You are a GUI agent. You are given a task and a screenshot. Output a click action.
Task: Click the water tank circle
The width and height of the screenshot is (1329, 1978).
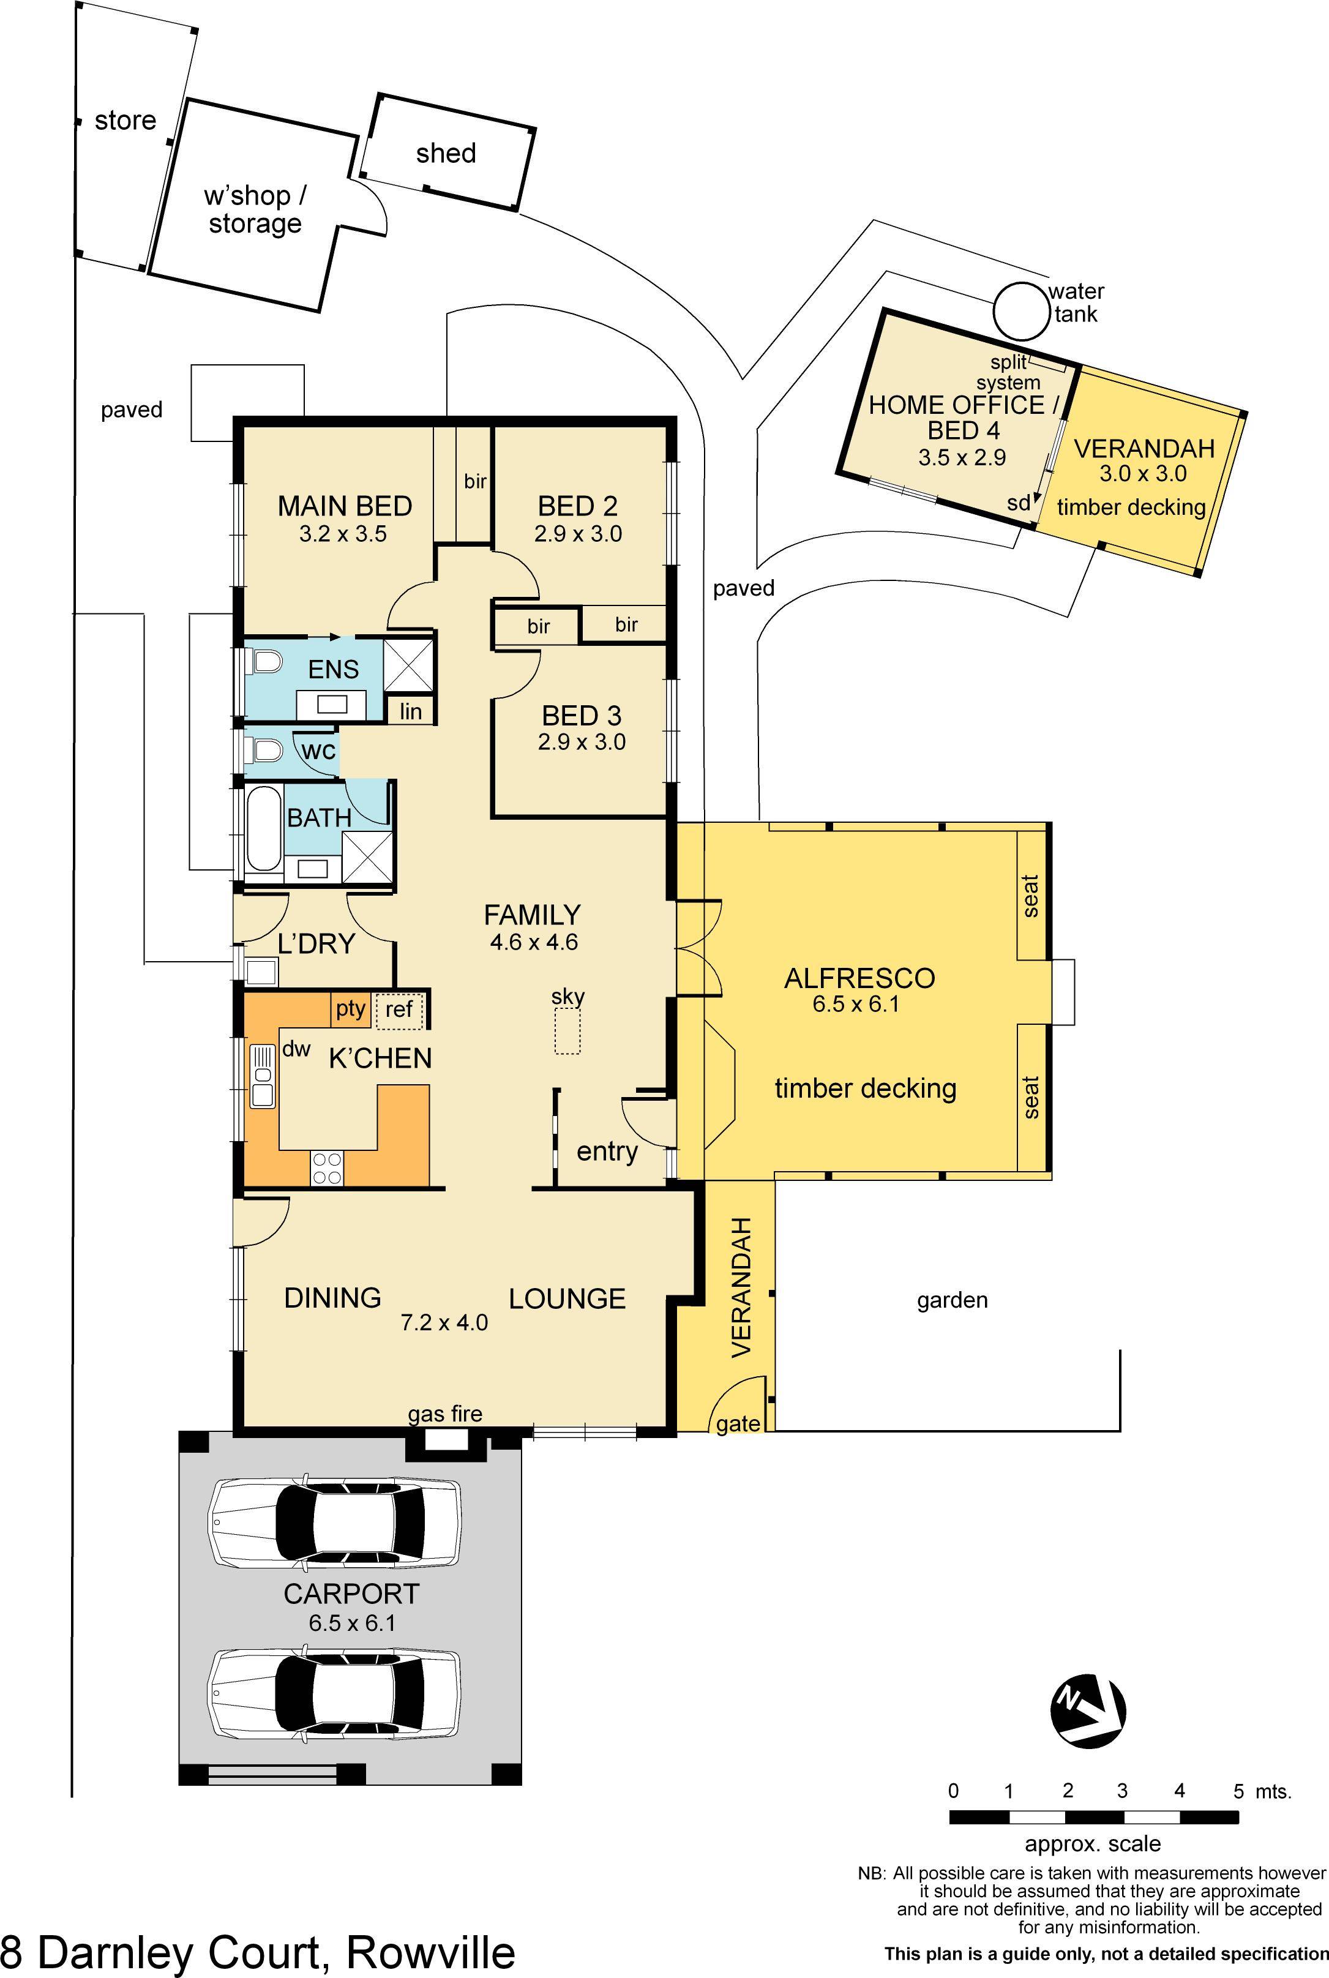(1020, 310)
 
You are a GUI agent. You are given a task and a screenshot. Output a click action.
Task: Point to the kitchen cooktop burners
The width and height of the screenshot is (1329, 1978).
(327, 1168)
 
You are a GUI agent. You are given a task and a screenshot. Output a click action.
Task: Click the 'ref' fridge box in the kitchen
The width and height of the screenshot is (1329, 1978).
(399, 1010)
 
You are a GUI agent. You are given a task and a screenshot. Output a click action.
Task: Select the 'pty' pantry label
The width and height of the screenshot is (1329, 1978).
(350, 1008)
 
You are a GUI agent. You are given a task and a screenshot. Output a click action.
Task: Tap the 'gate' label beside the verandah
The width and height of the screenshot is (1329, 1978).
(738, 1423)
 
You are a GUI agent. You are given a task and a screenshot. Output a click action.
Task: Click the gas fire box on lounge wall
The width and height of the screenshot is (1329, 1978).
(446, 1438)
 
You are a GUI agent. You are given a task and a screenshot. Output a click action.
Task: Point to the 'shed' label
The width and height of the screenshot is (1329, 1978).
(446, 154)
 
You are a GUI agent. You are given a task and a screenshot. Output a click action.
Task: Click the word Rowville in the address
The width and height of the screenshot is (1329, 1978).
(430, 1952)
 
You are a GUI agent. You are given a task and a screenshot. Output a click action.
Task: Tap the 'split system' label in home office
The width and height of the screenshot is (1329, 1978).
(1009, 373)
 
